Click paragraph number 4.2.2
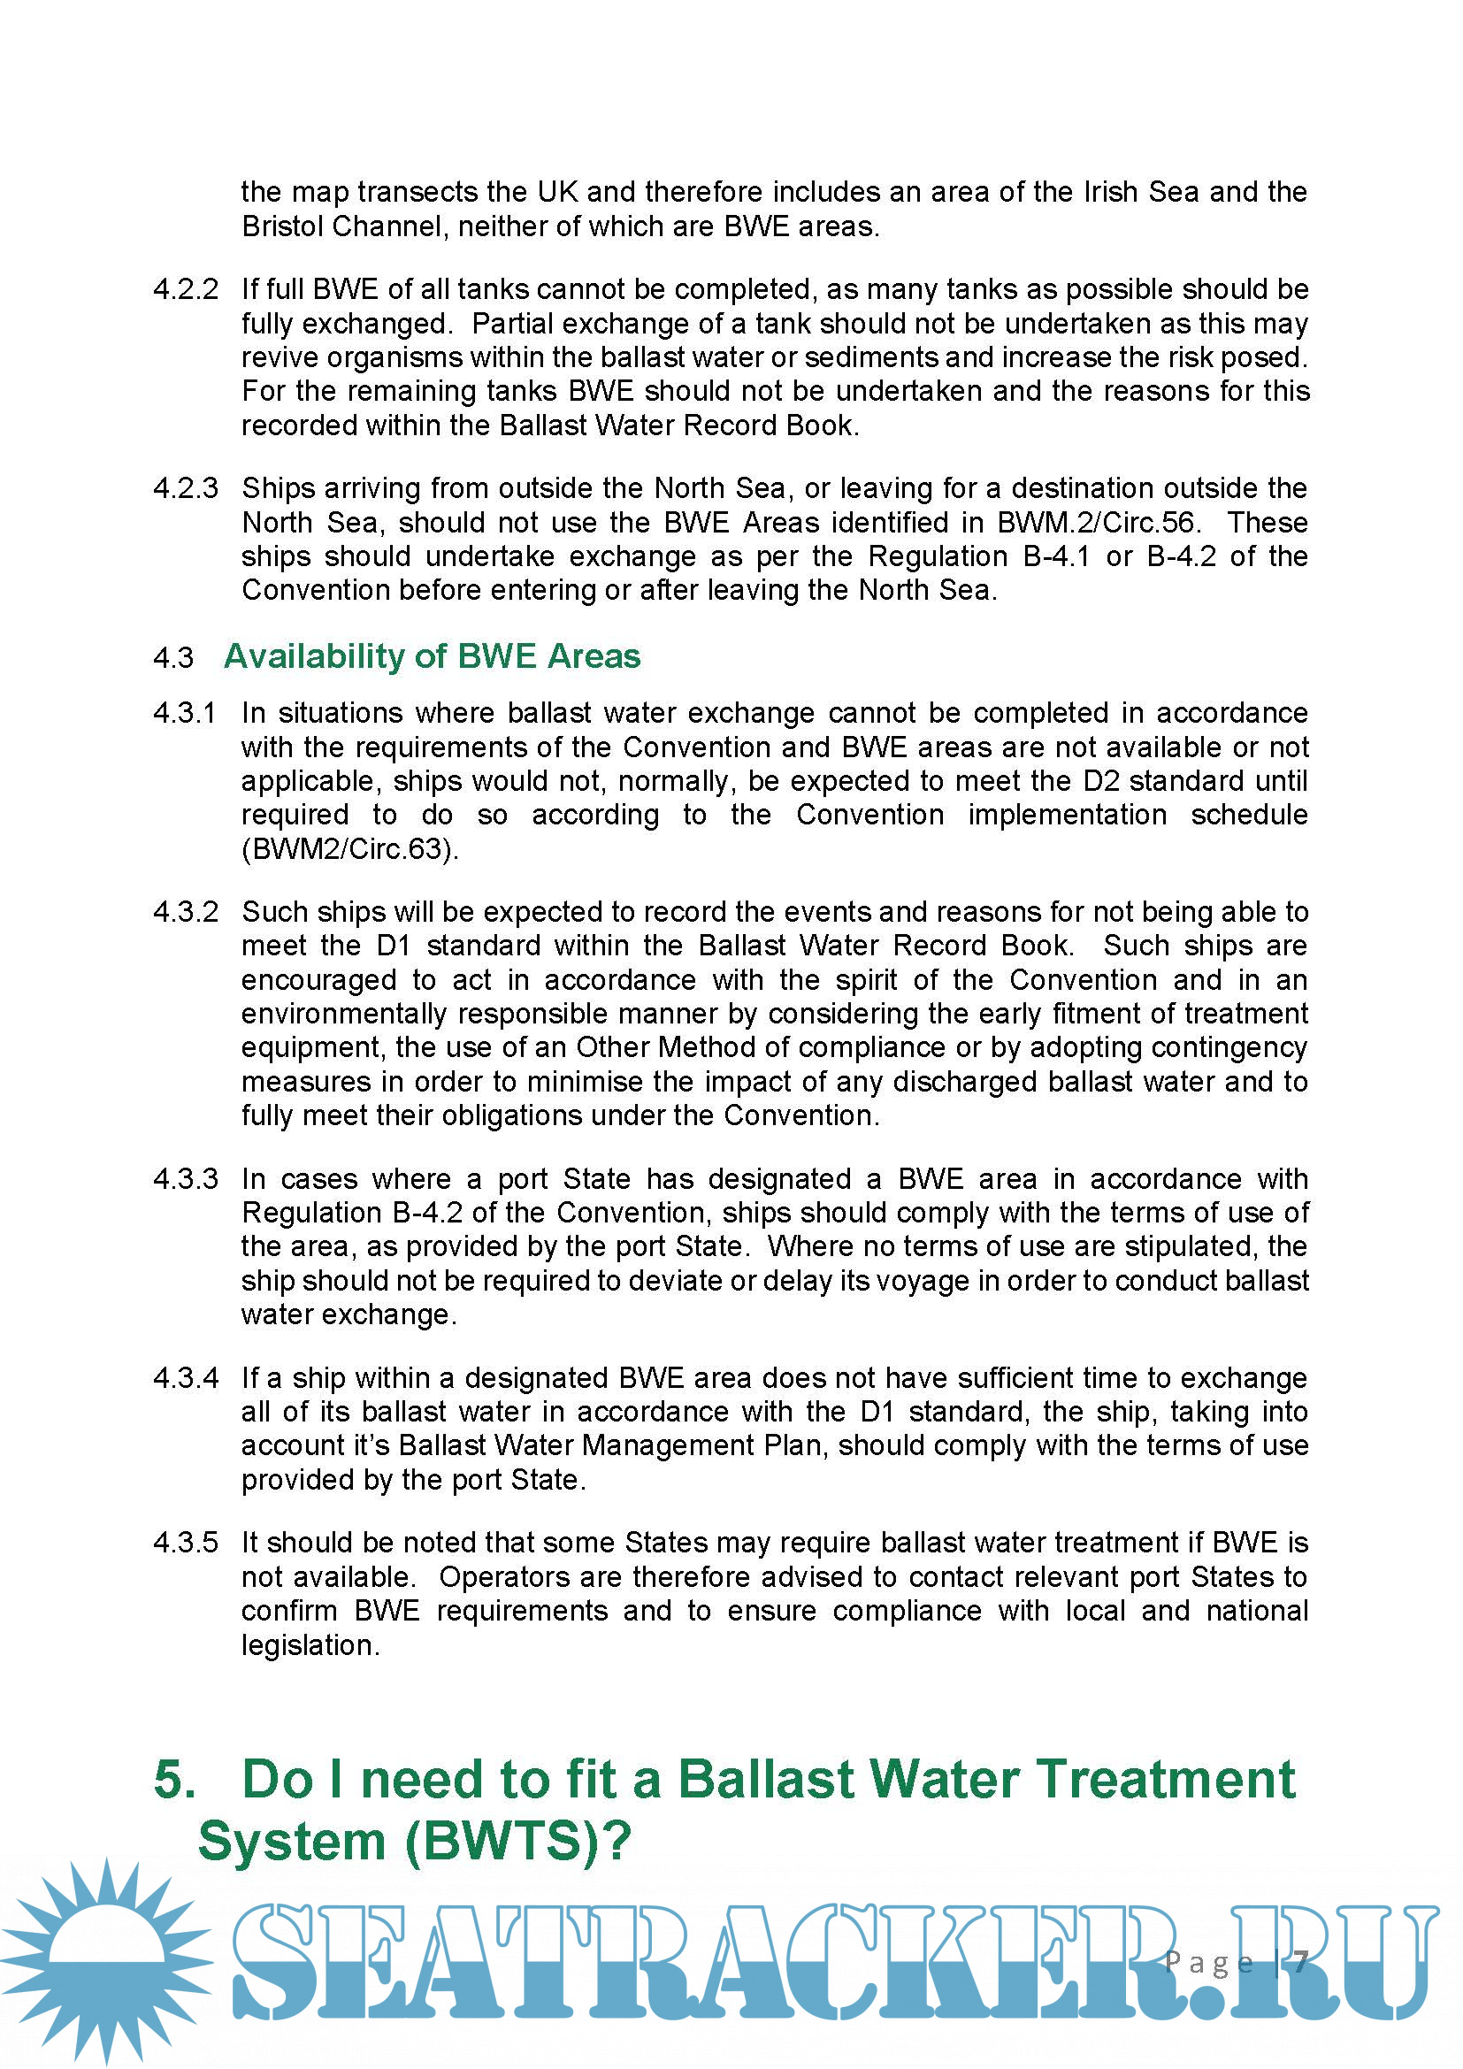(186, 289)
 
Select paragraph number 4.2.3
(186, 488)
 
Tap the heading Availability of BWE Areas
(432, 656)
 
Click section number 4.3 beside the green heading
(173, 658)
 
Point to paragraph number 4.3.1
(185, 713)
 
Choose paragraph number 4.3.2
(186, 912)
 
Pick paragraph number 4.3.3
(186, 1178)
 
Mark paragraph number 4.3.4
(186, 1378)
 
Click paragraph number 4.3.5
(186, 1542)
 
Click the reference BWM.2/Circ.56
(1095, 523)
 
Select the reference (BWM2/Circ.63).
(349, 849)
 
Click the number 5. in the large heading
(175, 1780)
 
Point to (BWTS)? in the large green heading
(518, 1841)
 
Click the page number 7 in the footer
(1301, 1962)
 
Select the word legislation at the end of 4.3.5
(310, 1645)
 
